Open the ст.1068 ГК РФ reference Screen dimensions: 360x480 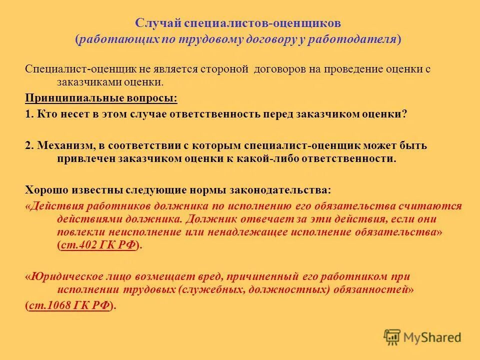pyautogui.click(x=69, y=305)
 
